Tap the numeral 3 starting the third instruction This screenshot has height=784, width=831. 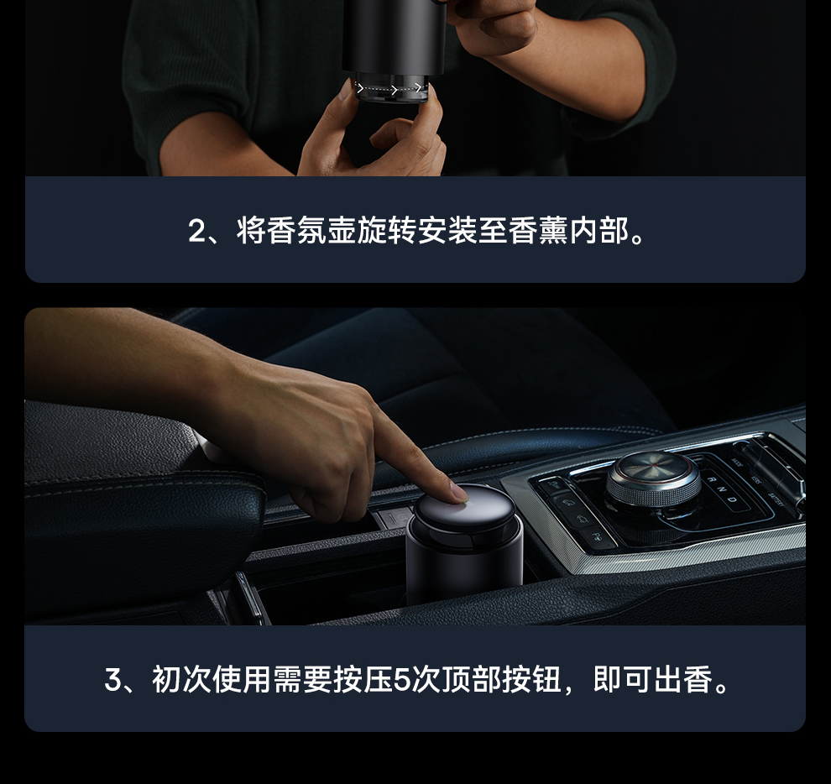[x=112, y=680]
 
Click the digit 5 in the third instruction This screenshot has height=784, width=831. [x=402, y=680]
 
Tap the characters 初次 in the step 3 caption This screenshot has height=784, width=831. [x=182, y=680]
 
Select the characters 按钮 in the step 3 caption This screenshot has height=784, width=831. [x=531, y=680]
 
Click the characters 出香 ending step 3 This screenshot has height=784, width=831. [x=682, y=680]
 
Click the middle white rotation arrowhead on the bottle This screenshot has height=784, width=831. [x=394, y=90]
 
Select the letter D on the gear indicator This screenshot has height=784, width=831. [x=732, y=499]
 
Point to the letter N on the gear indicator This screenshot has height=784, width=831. [x=722, y=489]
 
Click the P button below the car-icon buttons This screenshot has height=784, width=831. [x=598, y=537]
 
